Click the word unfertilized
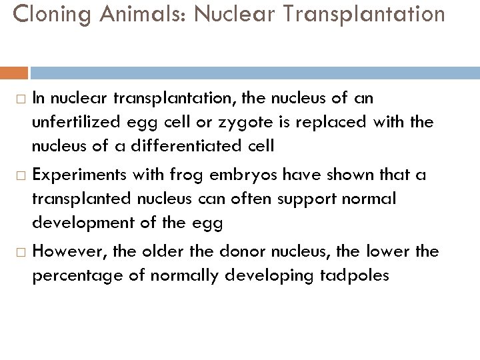click(x=80, y=122)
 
